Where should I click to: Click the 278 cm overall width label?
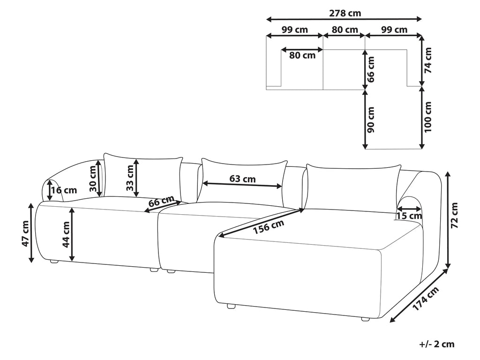click(x=345, y=14)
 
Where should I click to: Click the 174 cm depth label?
click(x=426, y=298)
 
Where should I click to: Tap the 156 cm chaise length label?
click(x=268, y=227)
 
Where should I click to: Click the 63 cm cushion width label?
click(x=242, y=179)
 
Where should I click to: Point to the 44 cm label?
click(x=65, y=234)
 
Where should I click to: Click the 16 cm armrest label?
click(x=64, y=190)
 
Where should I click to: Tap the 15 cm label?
click(x=409, y=216)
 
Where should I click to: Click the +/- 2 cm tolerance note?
click(x=437, y=344)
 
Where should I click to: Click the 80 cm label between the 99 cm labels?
click(x=345, y=30)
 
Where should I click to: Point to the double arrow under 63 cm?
click(x=242, y=185)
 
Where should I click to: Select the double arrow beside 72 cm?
click(x=448, y=220)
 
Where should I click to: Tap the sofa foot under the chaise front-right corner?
click(x=365, y=319)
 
